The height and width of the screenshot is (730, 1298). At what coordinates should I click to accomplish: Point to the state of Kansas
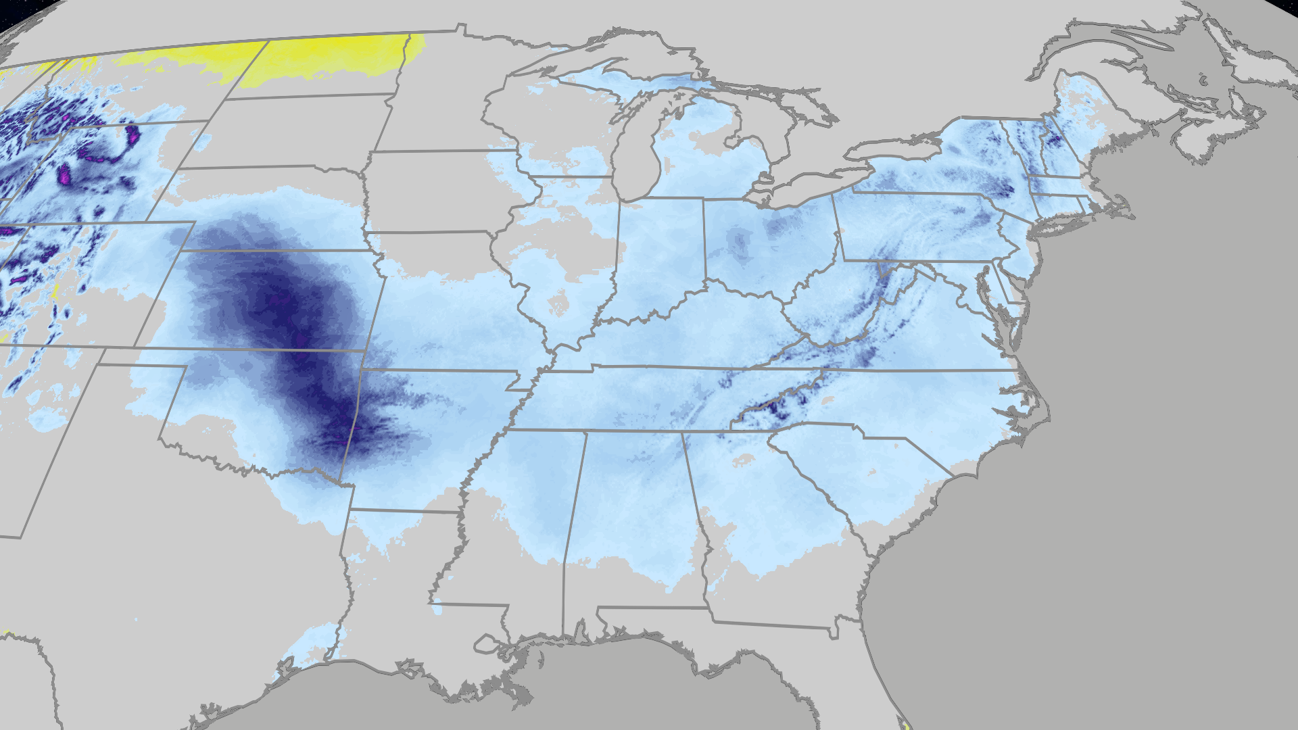270,297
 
